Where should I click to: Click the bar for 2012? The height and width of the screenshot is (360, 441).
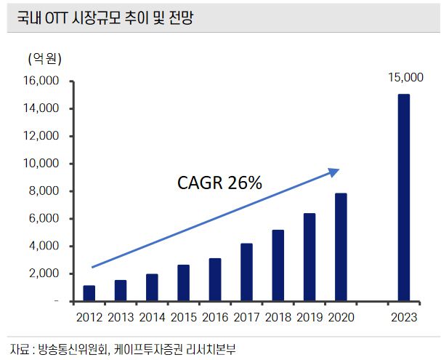pyautogui.click(x=89, y=292)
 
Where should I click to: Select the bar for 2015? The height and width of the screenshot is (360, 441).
pyautogui.click(x=183, y=282)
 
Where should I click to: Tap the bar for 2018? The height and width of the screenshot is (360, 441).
pyautogui.click(x=278, y=265)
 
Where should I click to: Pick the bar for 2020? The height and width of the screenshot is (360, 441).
pyautogui.click(x=340, y=247)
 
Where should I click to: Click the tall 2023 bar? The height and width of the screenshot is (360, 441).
pyautogui.click(x=403, y=197)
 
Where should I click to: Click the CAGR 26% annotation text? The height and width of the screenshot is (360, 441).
pyautogui.click(x=219, y=183)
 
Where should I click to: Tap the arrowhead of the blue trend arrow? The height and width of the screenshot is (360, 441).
pyautogui.click(x=334, y=172)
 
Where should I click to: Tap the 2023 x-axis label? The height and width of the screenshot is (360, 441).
pyautogui.click(x=403, y=317)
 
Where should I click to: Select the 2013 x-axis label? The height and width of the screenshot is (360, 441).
pyautogui.click(x=120, y=317)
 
